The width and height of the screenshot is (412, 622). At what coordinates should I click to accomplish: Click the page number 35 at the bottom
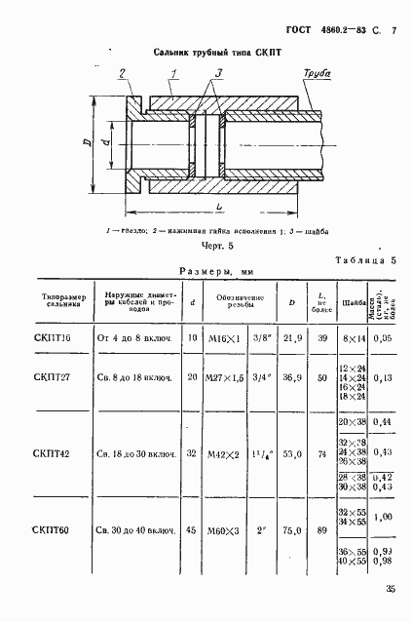click(x=390, y=588)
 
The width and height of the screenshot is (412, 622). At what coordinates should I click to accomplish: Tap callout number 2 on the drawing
click(x=123, y=73)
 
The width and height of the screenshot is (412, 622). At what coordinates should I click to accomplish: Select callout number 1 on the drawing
click(x=171, y=73)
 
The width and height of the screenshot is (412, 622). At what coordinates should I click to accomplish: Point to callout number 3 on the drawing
click(x=219, y=73)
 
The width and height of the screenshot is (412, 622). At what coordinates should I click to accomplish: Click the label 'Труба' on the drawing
click(x=317, y=73)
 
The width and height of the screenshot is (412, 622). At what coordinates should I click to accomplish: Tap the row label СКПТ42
click(x=53, y=453)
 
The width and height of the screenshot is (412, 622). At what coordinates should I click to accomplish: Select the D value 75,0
click(x=289, y=530)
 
